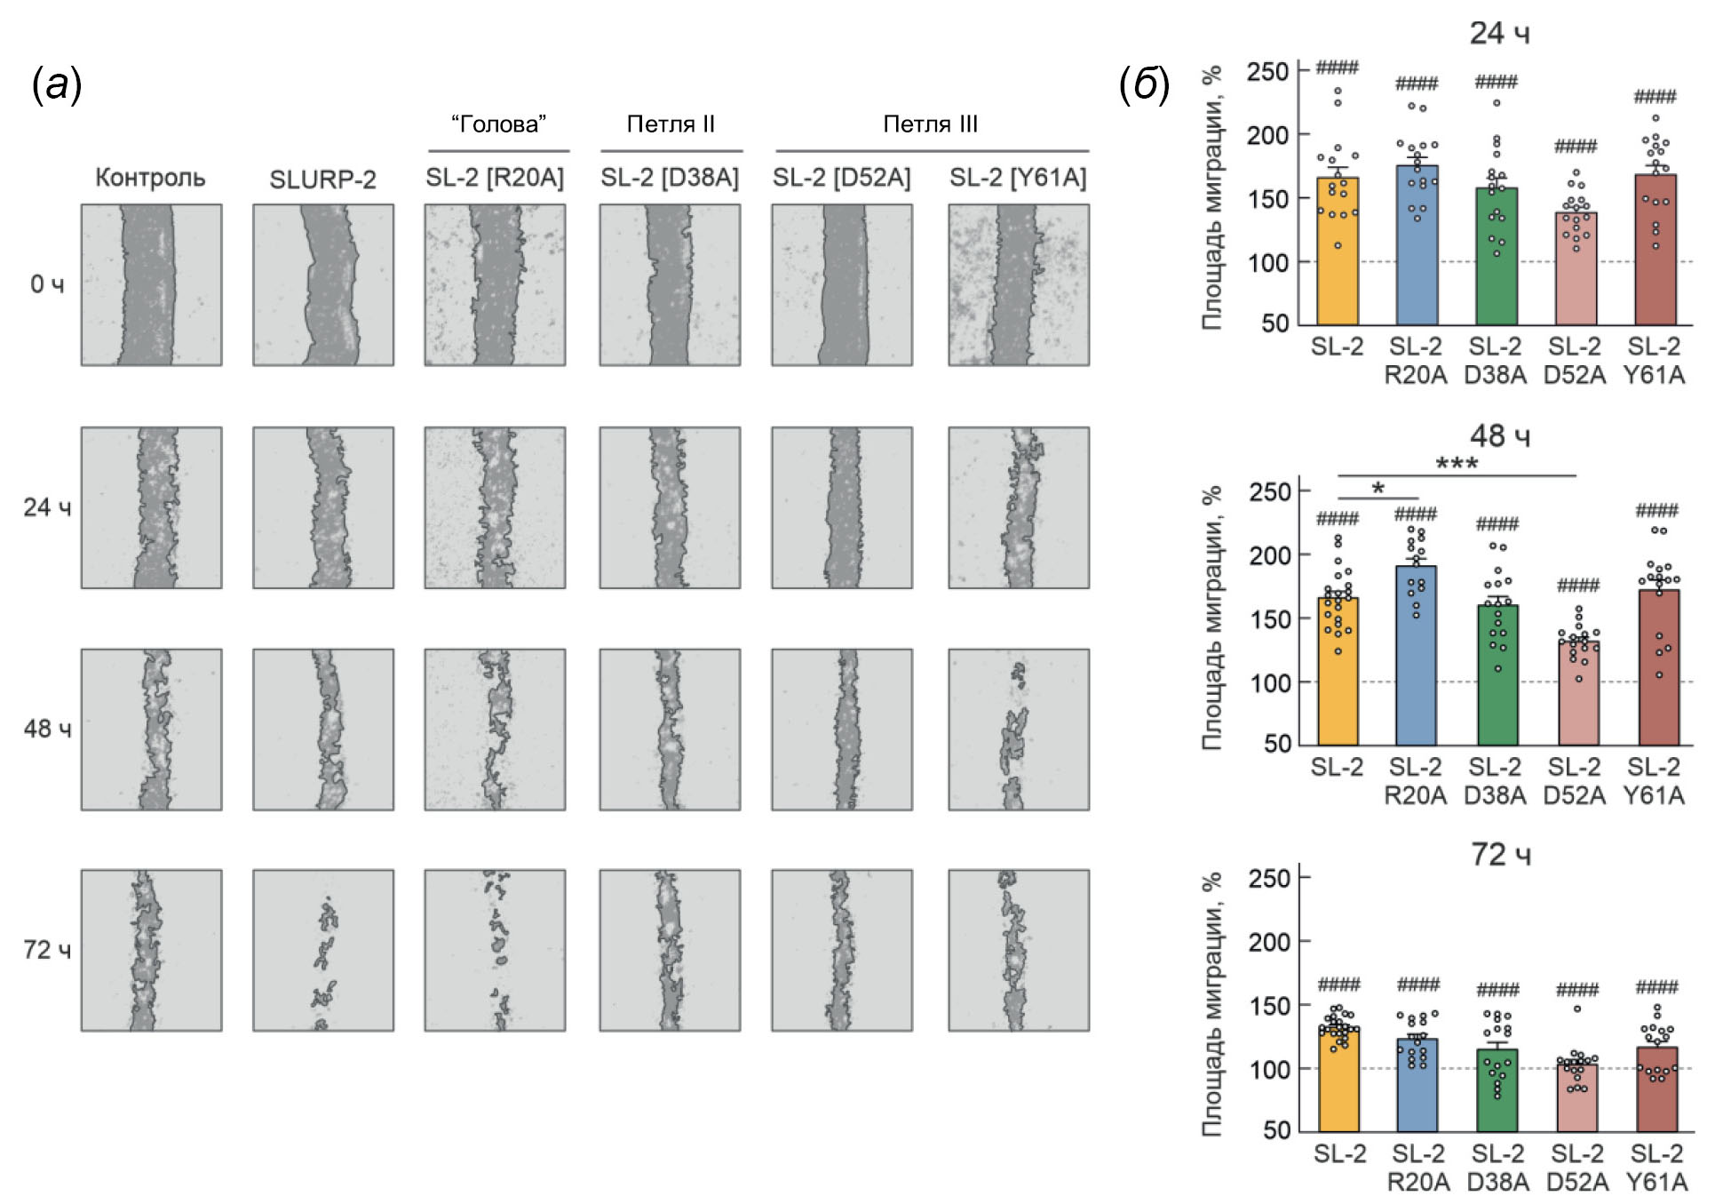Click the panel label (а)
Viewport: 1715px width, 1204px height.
pos(57,85)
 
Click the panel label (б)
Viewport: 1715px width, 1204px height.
pos(1144,85)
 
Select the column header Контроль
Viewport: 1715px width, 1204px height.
pos(150,178)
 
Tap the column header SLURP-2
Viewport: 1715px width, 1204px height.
pos(322,179)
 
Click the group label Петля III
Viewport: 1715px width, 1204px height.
pos(930,124)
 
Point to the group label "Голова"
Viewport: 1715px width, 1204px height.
pos(498,124)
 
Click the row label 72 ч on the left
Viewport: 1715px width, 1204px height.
pos(47,950)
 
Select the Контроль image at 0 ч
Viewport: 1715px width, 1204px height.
pos(152,284)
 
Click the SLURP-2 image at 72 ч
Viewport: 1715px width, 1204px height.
pos(323,950)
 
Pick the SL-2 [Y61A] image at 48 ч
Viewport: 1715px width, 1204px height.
pos(1019,729)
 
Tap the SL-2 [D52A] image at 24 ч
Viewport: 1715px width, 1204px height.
pos(842,507)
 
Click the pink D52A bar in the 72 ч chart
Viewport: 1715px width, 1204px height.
pos(1577,1097)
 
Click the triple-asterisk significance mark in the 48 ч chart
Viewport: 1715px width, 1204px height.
pos(1457,464)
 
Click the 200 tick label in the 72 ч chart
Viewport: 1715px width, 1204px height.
pos(1268,942)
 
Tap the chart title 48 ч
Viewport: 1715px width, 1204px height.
pos(1499,435)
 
